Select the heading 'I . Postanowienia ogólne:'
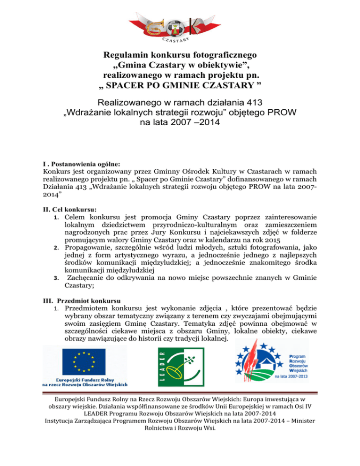[81, 165]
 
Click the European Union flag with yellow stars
[85, 361]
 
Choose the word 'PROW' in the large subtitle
[284, 113]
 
